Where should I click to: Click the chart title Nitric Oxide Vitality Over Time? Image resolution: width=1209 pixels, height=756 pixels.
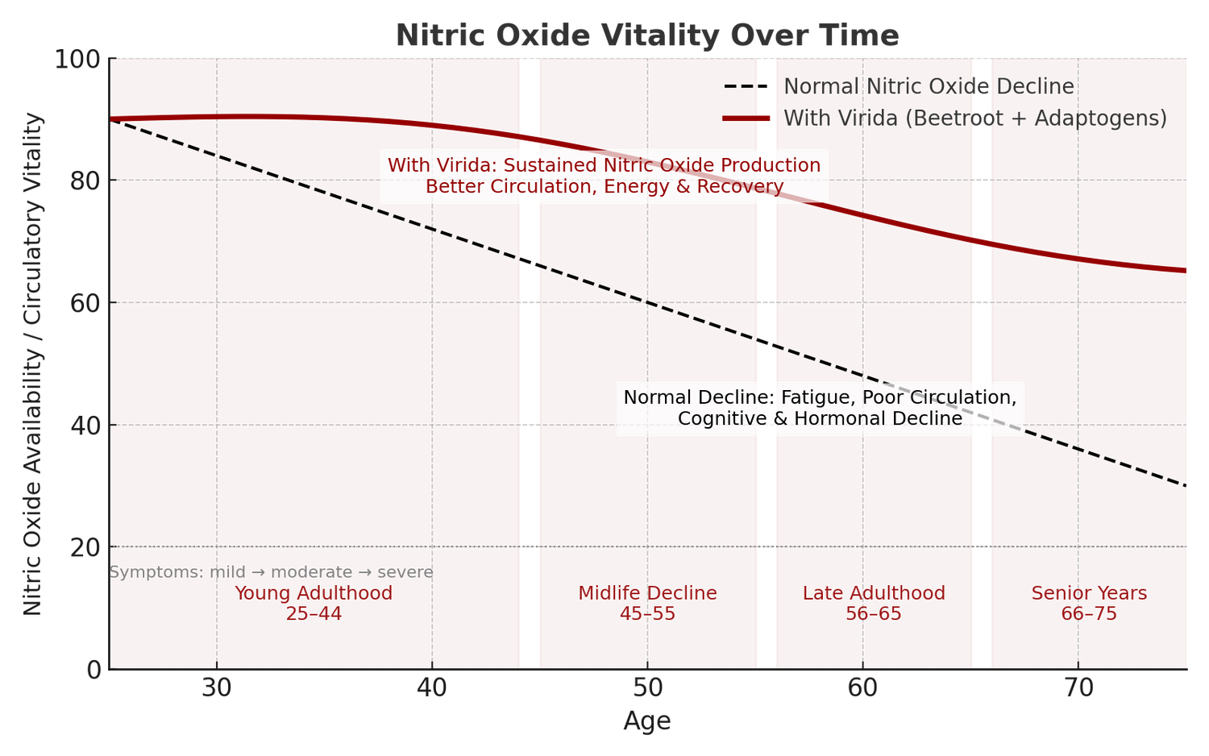(646, 36)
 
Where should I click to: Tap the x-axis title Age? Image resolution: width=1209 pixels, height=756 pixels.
(646, 721)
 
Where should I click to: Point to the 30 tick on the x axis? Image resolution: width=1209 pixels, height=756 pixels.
(216, 688)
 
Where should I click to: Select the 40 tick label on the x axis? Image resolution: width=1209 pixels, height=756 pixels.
(432, 688)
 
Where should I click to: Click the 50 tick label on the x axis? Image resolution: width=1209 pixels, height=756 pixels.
(647, 688)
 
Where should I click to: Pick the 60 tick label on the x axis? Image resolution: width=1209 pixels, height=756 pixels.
(862, 688)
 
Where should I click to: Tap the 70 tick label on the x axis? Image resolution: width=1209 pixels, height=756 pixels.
(1078, 688)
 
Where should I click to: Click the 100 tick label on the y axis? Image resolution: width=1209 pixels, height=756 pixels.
(77, 59)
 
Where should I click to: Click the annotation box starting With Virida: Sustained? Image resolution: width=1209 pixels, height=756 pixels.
(604, 176)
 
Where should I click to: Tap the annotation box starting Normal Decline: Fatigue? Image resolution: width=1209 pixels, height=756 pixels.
(820, 408)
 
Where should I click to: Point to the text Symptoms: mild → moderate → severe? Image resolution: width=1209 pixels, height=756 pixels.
(272, 572)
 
